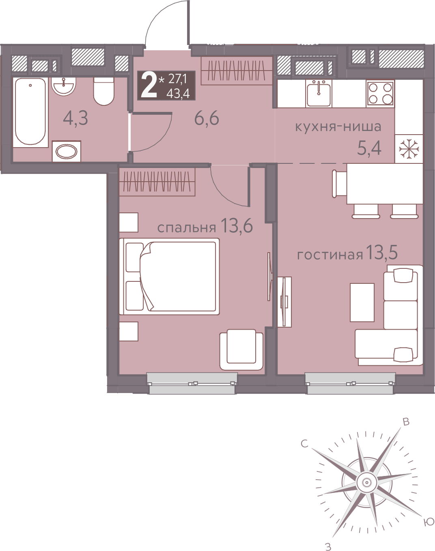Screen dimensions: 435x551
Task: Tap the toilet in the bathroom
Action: (103, 91)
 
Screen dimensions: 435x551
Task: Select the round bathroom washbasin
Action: (64, 86)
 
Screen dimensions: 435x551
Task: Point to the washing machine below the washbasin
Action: (67, 151)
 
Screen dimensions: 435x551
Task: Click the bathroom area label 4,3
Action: (75, 118)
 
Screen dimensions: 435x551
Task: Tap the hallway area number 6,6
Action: (207, 118)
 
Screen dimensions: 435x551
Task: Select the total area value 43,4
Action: (178, 94)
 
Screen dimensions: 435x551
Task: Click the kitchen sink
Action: (319, 93)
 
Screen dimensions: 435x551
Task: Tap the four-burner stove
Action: (380, 93)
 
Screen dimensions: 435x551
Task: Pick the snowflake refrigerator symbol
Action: (409, 149)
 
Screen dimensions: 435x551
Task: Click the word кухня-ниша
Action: (338, 127)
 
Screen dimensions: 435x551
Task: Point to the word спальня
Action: (187, 227)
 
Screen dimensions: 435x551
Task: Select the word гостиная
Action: (330, 255)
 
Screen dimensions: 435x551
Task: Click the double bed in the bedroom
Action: (169, 277)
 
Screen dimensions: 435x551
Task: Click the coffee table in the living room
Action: (362, 302)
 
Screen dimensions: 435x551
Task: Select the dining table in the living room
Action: (385, 184)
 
